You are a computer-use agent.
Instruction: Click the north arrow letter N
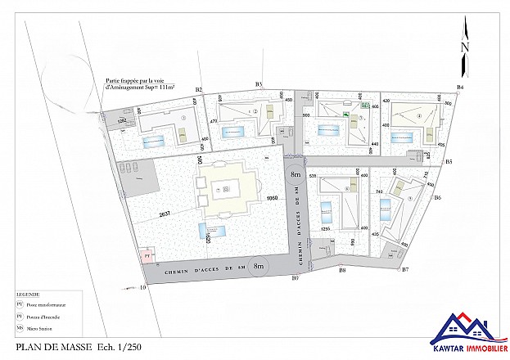pyautogui.click(x=465, y=47)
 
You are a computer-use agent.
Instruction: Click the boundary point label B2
pyautogui.click(x=198, y=88)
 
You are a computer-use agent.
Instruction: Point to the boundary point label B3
pyautogui.click(x=259, y=84)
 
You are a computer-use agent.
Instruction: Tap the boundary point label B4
pyautogui.click(x=460, y=87)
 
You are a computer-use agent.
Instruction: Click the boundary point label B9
pyautogui.click(x=296, y=278)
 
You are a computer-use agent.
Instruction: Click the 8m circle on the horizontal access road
pyautogui.click(x=259, y=266)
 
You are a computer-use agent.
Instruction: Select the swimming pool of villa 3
pyautogui.click(x=155, y=141)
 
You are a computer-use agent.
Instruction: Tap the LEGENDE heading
pyautogui.click(x=29, y=292)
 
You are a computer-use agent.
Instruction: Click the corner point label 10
pyautogui.click(x=142, y=287)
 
